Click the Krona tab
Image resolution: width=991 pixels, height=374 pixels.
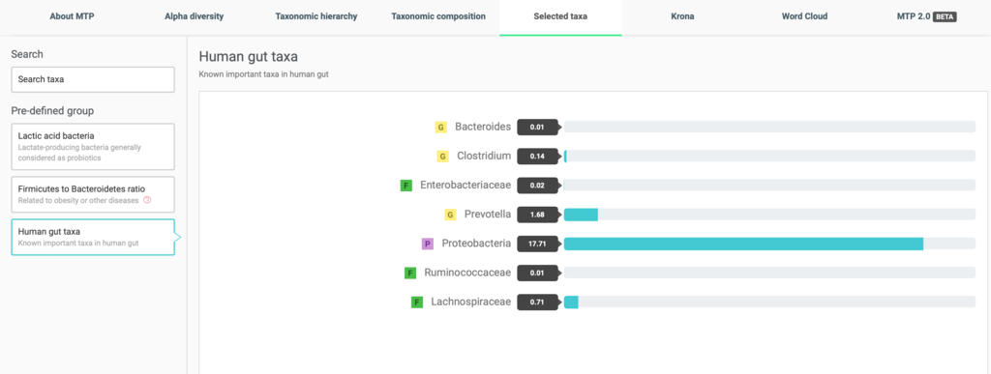coord(682,17)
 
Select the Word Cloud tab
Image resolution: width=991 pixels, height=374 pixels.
coord(804,17)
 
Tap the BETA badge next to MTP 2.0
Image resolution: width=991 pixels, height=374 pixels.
coord(945,17)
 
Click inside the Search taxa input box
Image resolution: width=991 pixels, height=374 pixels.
coord(93,79)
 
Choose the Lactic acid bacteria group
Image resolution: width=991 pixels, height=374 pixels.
coord(93,146)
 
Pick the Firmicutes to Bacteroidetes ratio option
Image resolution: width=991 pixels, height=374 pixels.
coord(93,194)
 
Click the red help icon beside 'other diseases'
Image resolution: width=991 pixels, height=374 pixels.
coord(147,201)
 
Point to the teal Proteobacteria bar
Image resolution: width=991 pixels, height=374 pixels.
coord(743,244)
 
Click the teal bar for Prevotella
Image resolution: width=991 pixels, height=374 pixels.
coord(581,215)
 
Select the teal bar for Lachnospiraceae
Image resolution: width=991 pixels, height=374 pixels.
coord(571,302)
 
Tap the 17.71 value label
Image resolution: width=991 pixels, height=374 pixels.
coord(537,244)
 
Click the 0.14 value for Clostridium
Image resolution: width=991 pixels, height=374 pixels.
coord(537,156)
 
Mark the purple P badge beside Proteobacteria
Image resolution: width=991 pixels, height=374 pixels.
coord(428,245)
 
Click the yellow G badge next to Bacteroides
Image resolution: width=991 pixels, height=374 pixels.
coord(440,128)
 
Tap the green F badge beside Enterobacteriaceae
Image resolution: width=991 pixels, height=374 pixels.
coord(406,186)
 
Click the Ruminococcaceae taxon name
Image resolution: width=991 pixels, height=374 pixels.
coord(467,273)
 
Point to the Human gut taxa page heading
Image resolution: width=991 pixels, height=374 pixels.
coord(249,56)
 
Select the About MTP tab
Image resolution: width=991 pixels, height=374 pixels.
coord(71,17)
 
